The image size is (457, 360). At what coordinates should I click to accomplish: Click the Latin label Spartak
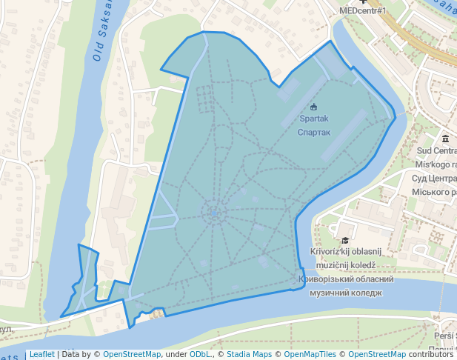(313, 119)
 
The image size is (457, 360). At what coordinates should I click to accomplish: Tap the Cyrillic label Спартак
(313, 133)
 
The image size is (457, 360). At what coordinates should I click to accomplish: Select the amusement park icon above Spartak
(313, 106)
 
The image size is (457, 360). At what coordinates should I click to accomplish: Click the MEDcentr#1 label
(364, 11)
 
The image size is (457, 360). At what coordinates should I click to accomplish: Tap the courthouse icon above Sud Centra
(445, 139)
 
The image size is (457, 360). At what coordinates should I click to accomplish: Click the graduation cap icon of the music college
(344, 240)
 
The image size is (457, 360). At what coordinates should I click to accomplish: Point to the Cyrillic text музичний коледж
(345, 293)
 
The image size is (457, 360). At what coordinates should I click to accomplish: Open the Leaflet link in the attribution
(41, 355)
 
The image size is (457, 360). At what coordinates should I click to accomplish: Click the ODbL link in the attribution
(200, 355)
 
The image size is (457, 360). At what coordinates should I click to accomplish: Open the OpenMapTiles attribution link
(304, 355)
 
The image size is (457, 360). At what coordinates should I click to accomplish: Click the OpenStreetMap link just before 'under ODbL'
(131, 355)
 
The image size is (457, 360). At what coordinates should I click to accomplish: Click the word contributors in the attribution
(430, 355)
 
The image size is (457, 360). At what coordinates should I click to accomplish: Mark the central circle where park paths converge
(214, 213)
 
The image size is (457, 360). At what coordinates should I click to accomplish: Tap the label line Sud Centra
(436, 152)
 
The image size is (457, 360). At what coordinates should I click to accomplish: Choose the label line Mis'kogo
(436, 164)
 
